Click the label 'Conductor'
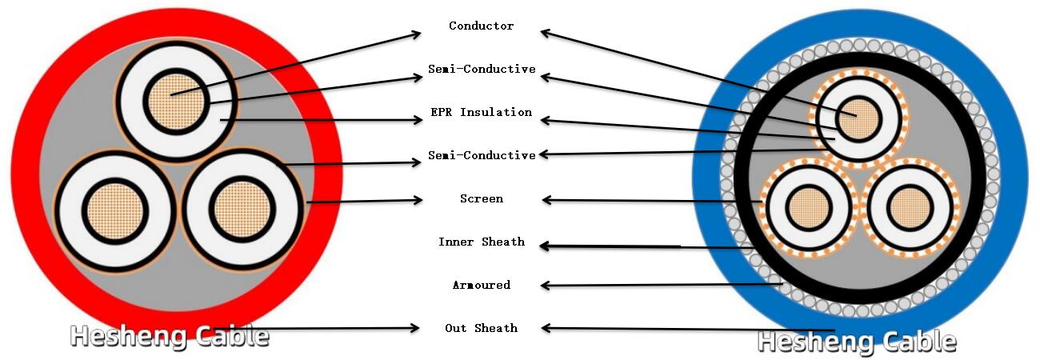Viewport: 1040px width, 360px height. point(481,26)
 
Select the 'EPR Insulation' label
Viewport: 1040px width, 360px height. point(481,113)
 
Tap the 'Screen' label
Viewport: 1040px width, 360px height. point(481,198)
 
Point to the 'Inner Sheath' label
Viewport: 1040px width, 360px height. point(481,242)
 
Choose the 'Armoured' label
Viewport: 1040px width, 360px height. point(481,285)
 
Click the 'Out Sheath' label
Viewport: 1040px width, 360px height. point(481,328)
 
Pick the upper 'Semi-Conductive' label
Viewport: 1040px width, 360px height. point(481,70)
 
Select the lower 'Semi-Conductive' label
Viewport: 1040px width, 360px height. point(481,155)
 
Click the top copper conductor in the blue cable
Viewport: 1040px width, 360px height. point(860,121)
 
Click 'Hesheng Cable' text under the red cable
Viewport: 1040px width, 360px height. point(170,336)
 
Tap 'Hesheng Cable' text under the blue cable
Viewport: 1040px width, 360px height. point(857,342)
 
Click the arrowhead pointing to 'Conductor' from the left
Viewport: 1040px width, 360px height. point(416,34)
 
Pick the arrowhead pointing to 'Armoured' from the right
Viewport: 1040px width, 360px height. point(546,285)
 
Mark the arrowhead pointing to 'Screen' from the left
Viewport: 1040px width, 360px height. point(418,200)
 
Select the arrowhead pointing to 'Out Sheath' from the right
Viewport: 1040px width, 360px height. point(546,327)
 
